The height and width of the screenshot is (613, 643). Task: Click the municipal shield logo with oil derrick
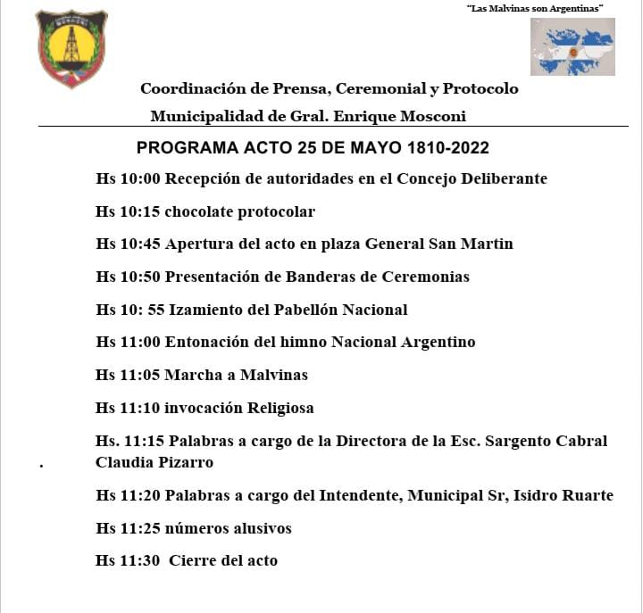pyautogui.click(x=71, y=48)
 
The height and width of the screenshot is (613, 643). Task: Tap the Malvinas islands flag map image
pyautogui.click(x=572, y=46)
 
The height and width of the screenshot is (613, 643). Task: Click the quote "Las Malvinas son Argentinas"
pyautogui.click(x=535, y=8)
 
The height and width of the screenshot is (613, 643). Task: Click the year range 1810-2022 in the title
pyautogui.click(x=437, y=147)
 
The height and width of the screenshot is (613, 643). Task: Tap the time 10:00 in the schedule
pyautogui.click(x=140, y=178)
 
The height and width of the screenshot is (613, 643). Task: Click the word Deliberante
pyautogui.click(x=504, y=178)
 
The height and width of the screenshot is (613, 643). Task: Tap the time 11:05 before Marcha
pyautogui.click(x=140, y=375)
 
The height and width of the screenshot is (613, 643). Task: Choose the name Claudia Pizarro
pyautogui.click(x=154, y=462)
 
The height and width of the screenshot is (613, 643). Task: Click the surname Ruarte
pyautogui.click(x=584, y=495)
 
